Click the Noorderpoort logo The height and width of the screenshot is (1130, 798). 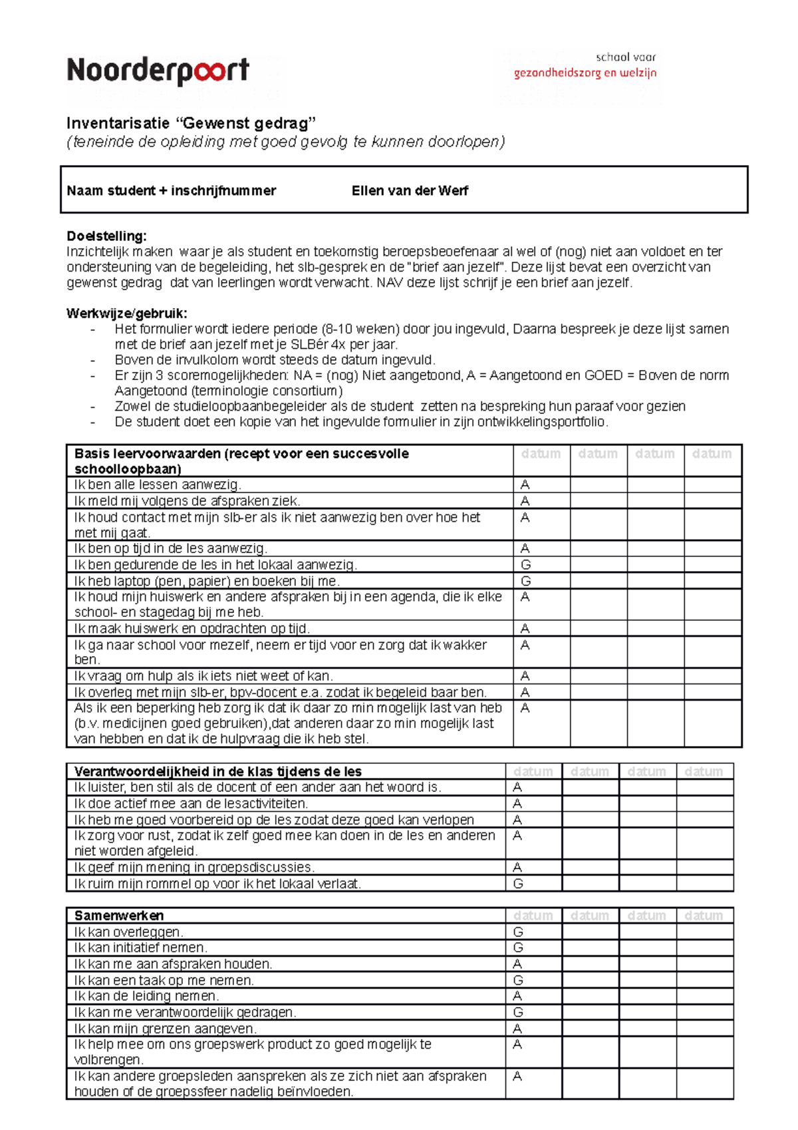(158, 71)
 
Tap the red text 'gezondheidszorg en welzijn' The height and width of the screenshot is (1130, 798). (585, 73)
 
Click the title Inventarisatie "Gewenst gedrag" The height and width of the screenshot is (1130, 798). (191, 123)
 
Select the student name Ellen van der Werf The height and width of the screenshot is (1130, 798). (410, 191)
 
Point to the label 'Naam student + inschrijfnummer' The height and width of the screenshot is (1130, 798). (171, 191)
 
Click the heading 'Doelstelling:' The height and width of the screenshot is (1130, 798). (106, 236)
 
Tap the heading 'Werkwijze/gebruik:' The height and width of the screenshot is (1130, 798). (126, 313)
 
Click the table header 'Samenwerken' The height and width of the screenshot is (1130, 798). (118, 916)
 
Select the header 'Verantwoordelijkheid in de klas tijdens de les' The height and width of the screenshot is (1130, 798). (217, 771)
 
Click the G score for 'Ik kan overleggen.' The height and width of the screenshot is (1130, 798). (518, 932)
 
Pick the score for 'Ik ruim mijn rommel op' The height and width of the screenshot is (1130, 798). (518, 884)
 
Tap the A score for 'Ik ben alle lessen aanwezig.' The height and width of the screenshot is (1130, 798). (525, 484)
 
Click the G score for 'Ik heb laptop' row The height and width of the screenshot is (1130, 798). (525, 581)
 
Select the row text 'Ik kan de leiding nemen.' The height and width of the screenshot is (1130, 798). (146, 996)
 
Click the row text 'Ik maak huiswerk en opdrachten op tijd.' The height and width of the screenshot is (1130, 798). (192, 628)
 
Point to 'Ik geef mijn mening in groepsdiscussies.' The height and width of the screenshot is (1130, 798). (194, 868)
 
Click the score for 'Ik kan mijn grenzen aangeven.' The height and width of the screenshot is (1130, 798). (517, 1029)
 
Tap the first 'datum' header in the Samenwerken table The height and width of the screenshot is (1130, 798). (533, 916)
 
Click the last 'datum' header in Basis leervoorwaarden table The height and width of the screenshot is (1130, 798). (712, 454)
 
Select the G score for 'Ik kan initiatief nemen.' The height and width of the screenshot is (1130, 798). (518, 948)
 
